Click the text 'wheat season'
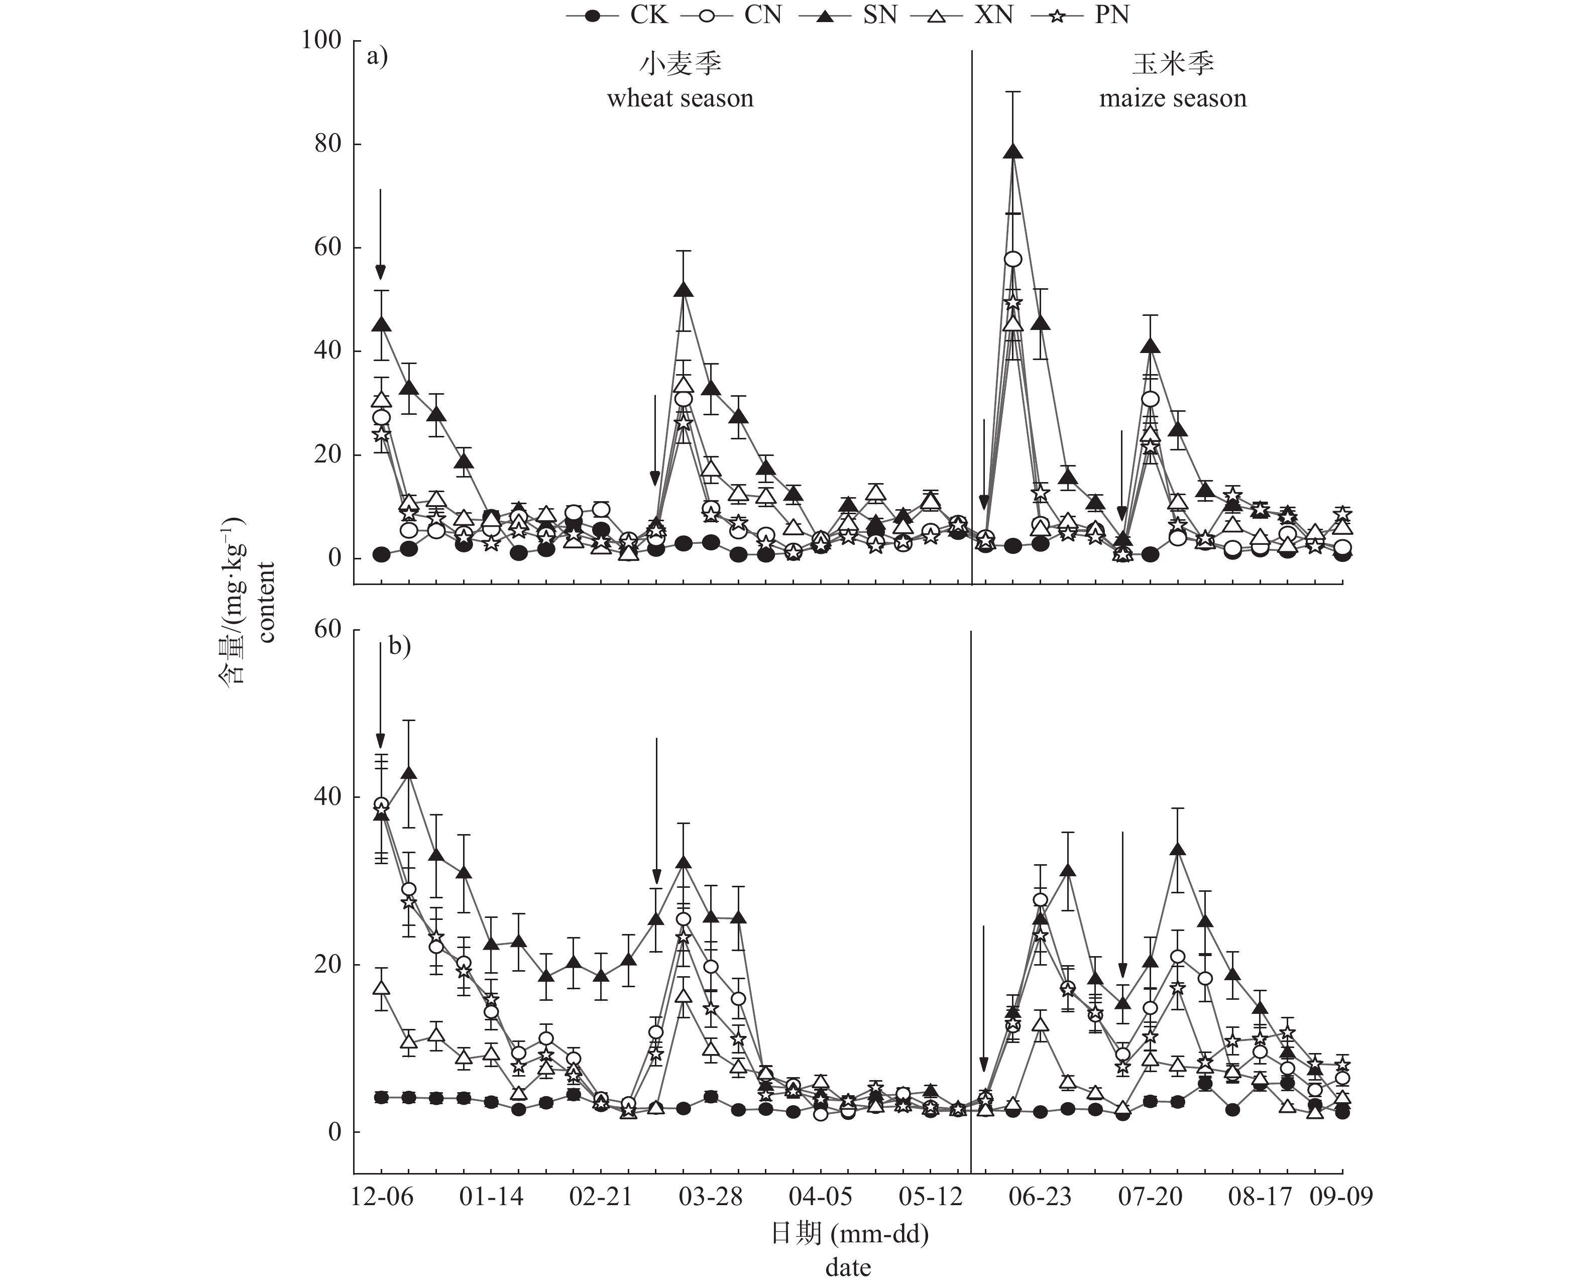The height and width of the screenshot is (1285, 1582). coord(680,98)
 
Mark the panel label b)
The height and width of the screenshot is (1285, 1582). coord(400,646)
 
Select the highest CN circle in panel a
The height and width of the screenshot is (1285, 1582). coord(1012,258)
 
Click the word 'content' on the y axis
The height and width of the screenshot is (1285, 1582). coord(267,603)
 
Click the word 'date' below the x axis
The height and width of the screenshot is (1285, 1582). coord(848,1268)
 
